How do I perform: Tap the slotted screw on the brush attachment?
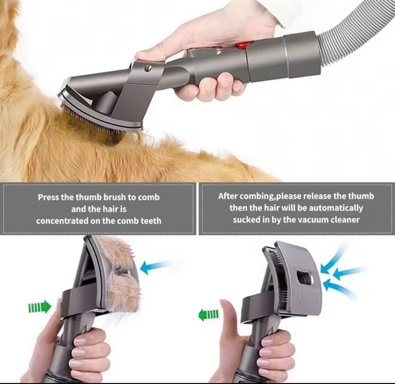click(148, 68)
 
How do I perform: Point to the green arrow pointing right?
click(40, 307)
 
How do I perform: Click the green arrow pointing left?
click(209, 315)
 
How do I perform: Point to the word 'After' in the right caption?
click(228, 196)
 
